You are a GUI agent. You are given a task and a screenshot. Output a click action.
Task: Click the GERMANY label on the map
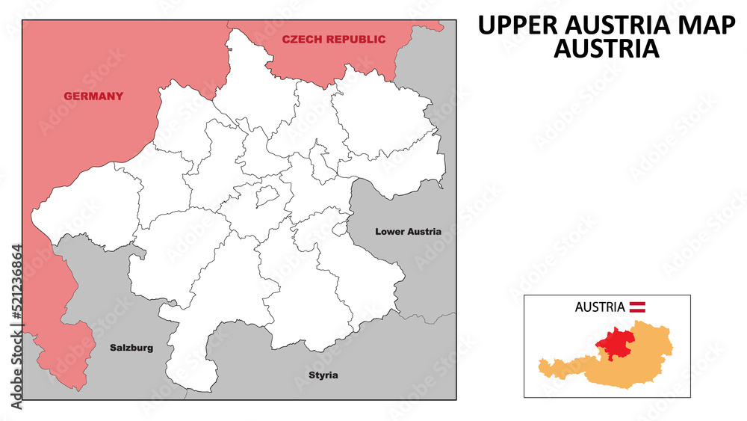(x=93, y=96)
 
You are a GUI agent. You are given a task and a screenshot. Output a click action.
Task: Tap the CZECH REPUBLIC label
(x=334, y=40)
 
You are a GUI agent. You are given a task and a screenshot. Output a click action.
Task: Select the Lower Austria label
(x=408, y=232)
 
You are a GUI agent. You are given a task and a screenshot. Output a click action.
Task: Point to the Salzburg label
(x=131, y=348)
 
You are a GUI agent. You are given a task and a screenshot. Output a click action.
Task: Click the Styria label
(x=323, y=375)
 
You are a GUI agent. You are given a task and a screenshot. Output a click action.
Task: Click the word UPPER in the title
(x=513, y=25)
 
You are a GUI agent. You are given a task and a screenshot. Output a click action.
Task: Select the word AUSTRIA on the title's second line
(x=606, y=49)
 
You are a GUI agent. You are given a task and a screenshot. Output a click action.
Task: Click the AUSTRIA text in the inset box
(x=600, y=307)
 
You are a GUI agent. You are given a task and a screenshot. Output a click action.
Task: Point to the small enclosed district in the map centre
(x=267, y=197)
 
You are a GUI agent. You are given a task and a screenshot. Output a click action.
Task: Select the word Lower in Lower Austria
(x=390, y=232)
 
